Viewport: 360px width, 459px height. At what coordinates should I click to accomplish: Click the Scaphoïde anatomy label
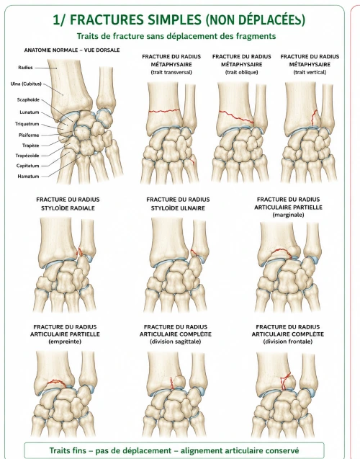pos(28,100)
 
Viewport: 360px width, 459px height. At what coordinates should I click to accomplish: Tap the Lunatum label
pos(30,112)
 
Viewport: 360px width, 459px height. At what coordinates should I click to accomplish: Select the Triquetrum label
pos(27,124)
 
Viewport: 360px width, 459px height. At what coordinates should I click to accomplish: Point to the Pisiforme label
pos(29,135)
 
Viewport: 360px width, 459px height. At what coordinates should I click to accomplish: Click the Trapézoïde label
pos(27,156)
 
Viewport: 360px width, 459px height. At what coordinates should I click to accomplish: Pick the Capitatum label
pos(28,166)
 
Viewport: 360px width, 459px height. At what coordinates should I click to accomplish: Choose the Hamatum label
pos(28,177)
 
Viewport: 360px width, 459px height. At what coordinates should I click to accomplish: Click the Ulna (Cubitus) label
pos(26,84)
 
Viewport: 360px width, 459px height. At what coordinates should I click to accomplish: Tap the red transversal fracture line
pos(164,111)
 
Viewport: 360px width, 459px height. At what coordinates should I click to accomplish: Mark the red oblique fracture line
pos(236,117)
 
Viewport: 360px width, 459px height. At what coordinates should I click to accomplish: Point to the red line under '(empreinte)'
pos(56,382)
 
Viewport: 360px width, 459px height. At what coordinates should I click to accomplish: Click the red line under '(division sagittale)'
pos(172,383)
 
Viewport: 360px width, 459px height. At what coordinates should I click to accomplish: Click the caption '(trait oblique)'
pos(241,72)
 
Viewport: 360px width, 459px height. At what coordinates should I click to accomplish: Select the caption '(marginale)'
pos(288,215)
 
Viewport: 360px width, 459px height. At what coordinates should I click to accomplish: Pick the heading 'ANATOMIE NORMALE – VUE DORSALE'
pos(72,50)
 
